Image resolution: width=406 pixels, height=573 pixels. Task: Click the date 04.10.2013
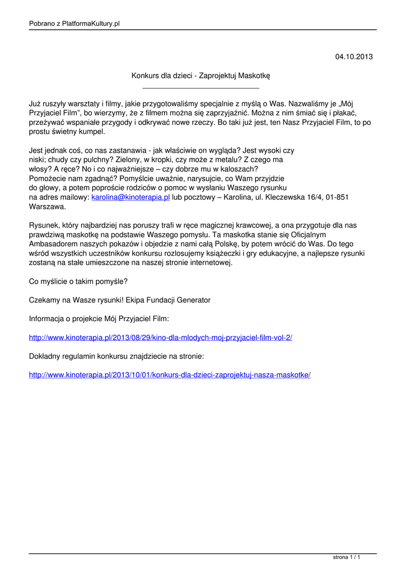[353, 57]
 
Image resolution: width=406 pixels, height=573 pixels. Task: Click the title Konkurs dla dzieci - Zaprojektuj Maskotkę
[201, 75]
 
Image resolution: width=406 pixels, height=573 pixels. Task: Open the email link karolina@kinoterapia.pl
[130, 198]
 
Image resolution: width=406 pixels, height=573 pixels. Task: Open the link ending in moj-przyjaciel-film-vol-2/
[161, 337]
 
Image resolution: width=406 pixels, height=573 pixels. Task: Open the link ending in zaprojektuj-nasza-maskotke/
[170, 374]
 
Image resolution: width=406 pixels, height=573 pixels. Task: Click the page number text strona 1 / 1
[346, 558]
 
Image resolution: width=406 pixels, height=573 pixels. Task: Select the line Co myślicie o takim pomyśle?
[78, 281]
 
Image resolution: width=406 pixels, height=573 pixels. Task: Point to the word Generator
[194, 300]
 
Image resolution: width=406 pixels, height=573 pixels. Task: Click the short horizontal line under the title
[201, 88]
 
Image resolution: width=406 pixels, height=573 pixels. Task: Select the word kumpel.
[91, 131]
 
